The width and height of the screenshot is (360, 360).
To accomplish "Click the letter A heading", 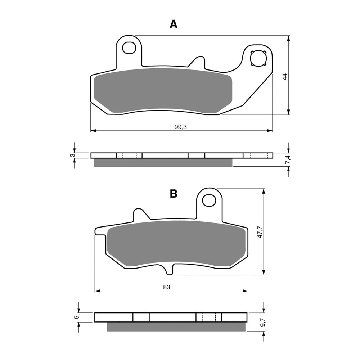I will click(174, 24).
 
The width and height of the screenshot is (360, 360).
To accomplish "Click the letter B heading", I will click(174, 194).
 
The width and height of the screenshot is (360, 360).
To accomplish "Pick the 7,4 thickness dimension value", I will click(287, 161).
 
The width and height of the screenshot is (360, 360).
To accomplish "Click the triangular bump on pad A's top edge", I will click(197, 62).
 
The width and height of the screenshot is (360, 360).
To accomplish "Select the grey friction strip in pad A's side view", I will click(163, 163).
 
